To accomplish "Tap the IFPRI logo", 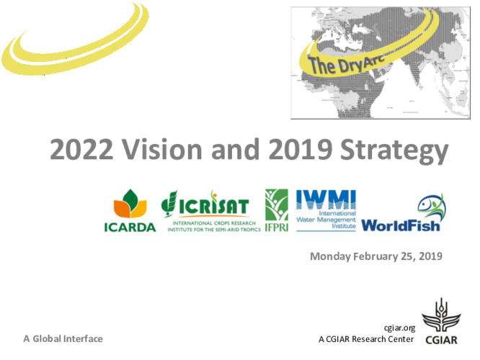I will pos(277,209).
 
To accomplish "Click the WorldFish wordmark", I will pos(401,225).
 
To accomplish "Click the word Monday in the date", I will pos(330,256).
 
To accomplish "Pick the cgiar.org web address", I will pos(401,328).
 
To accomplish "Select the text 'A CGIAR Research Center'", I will pos(366,338).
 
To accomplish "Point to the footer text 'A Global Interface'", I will pos(63,338).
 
